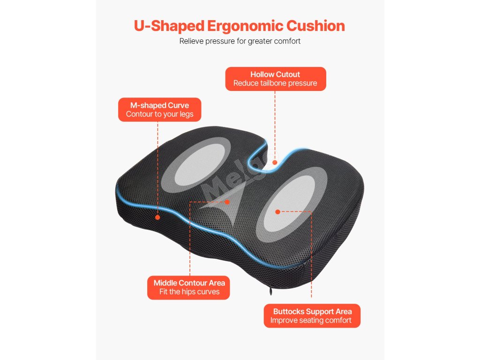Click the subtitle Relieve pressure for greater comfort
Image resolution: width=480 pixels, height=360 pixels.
pos(240,41)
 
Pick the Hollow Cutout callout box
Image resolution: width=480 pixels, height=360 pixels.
pos(275,79)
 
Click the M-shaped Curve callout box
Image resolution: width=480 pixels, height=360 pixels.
pos(160,110)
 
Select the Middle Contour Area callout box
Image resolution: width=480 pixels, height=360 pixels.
pos(189,287)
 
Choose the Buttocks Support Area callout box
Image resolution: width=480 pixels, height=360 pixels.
pos(312,316)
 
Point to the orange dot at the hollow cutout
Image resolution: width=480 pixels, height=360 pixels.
pos(275,163)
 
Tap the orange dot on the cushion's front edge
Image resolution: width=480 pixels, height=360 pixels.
pos(157,217)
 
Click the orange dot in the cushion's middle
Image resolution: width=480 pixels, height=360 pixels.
pos(227,202)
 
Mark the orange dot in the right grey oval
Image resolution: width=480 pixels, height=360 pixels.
pos(277,212)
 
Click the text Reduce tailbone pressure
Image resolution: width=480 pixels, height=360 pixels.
pos(275,83)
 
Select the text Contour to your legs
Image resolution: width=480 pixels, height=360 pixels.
pos(160,114)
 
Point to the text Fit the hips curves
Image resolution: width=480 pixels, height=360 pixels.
pos(189,292)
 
